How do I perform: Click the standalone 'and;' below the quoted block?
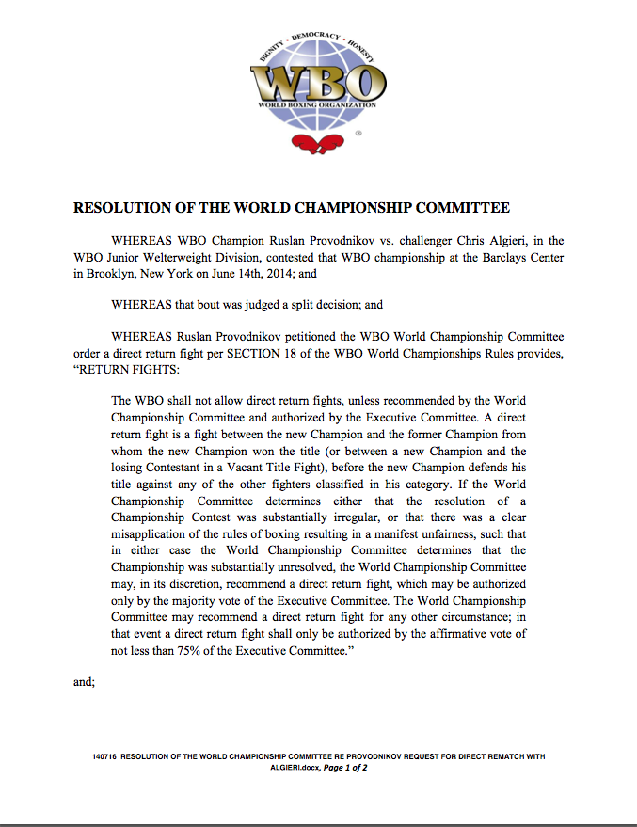click(84, 681)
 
